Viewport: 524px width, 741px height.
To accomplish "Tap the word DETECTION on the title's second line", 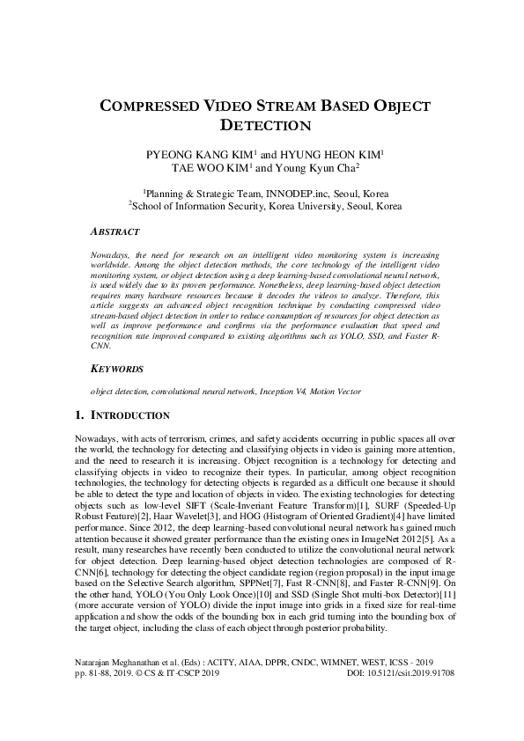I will pos(262,127).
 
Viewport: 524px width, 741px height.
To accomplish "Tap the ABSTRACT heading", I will pos(114,232).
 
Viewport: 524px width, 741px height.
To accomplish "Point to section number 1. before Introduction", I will pos(97,415).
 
